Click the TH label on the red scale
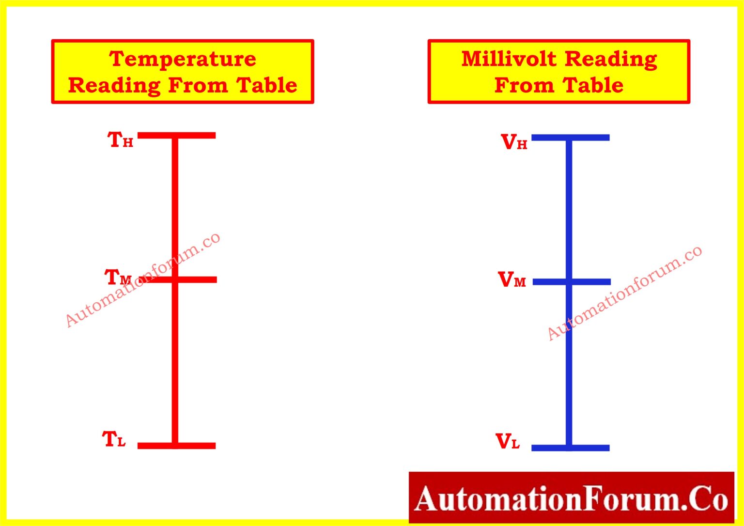coord(120,139)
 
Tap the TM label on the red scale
coord(118,277)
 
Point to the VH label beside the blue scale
coord(514,142)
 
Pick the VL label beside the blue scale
coord(508,441)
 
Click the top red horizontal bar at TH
coord(177,136)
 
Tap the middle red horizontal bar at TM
coord(178,279)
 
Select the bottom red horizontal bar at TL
coord(177,446)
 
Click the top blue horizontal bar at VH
coord(571,138)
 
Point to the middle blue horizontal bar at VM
coord(572,282)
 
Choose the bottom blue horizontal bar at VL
coord(571,448)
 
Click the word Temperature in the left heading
coord(183,59)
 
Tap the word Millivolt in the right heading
coord(509,59)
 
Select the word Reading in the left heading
coord(115,86)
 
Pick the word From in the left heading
coord(198,85)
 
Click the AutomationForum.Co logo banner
coord(571,497)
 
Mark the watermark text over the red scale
coord(143,279)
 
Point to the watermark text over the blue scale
coord(624,293)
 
